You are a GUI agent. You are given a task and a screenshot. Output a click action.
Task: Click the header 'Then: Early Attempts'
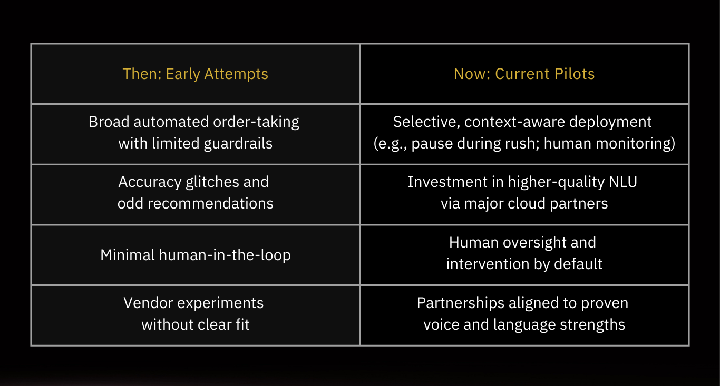196,74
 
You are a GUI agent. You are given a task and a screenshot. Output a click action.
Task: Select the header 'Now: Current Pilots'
524,74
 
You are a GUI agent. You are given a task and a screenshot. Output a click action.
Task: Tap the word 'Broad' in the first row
109,122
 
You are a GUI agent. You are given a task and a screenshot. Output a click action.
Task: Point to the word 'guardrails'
238,143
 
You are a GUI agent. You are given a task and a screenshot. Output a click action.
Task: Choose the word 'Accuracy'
150,182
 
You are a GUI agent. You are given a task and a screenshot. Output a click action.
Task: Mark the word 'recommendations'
210,204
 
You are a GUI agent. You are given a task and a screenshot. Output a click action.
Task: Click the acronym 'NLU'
623,182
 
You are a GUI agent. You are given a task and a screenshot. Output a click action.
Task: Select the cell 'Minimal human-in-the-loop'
196,255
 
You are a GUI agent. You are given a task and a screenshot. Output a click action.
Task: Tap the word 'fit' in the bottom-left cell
242,324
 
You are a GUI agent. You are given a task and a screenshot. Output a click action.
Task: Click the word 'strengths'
592,325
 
